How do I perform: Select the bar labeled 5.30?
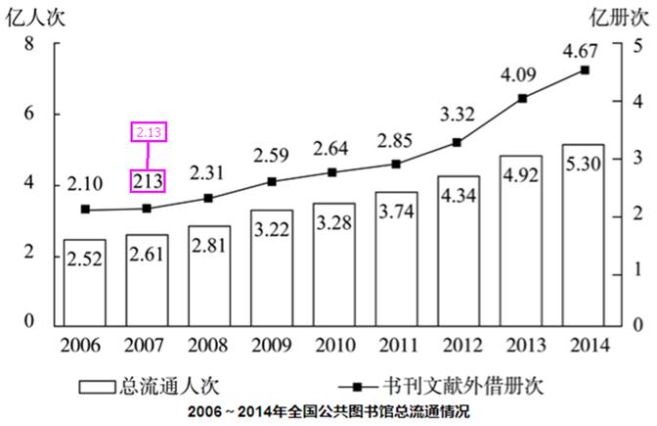point(583,235)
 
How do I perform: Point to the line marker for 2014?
point(585,71)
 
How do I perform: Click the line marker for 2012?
point(459,142)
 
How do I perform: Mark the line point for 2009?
point(272,182)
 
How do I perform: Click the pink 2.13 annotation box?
point(148,131)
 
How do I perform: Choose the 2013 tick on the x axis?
point(521,346)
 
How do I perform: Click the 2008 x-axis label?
point(209,346)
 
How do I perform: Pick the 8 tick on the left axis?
point(29,44)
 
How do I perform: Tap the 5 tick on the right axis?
point(637,44)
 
